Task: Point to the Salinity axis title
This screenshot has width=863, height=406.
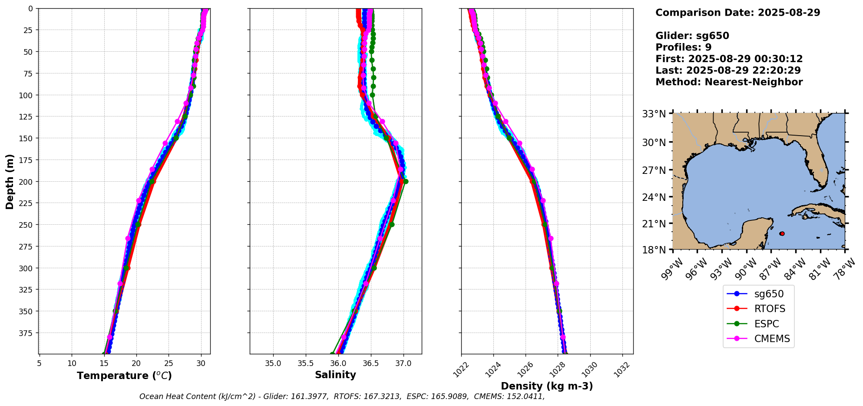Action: point(335,375)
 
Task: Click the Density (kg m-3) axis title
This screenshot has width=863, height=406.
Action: point(547,386)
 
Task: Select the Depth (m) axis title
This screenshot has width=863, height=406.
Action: point(10,181)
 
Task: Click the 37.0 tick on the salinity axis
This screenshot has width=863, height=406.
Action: point(403,363)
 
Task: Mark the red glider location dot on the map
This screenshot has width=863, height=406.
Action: point(782,234)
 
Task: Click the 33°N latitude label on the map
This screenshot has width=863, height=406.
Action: point(654,114)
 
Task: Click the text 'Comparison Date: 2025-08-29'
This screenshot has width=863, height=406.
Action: point(737,13)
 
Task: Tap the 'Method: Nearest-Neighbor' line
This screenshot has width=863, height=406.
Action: point(729,82)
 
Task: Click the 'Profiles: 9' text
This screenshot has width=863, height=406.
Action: point(683,47)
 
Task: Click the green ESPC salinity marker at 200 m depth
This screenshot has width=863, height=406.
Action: point(406,182)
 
